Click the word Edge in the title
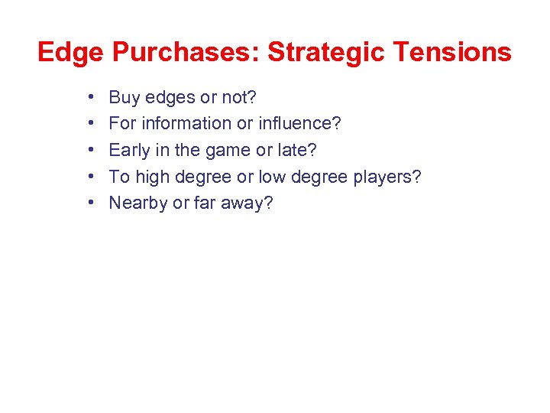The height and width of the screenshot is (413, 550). [x=70, y=52]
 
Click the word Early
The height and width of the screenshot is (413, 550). [x=130, y=150]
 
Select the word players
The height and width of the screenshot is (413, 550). [x=386, y=177]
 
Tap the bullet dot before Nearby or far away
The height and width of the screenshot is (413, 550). [x=90, y=203]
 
